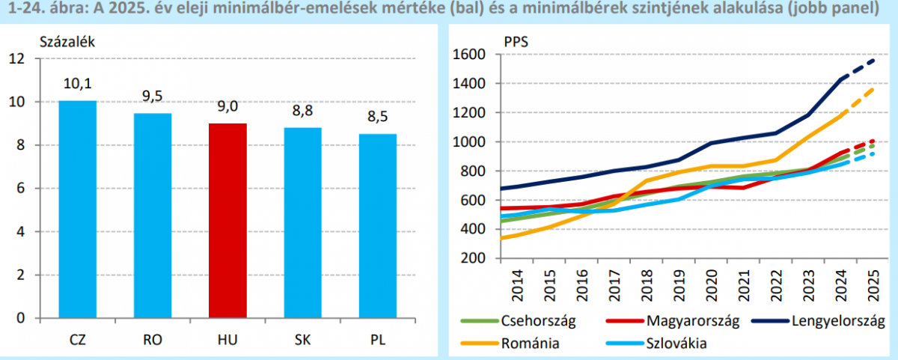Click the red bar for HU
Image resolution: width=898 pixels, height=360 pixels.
click(227, 221)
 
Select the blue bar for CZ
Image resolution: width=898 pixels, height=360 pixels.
click(78, 210)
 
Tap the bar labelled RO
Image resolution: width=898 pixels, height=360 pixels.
click(153, 216)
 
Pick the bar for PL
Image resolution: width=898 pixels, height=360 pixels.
click(377, 226)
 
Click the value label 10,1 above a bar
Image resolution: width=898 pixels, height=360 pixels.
click(78, 84)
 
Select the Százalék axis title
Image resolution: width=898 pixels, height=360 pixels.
click(67, 42)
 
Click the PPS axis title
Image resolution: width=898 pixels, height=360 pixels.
click(516, 42)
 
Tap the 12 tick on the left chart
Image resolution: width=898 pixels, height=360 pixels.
click(16, 58)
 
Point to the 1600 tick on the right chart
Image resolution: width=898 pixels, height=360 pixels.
click(470, 55)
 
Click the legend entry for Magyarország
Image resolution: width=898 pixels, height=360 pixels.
click(691, 322)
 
